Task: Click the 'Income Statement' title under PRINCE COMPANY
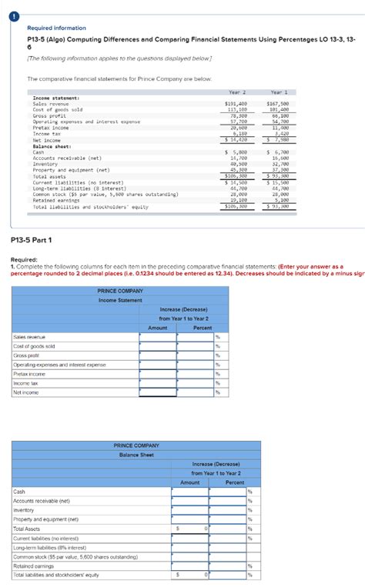(x=119, y=322)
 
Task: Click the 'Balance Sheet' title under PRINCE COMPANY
(x=136, y=455)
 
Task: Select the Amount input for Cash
(x=189, y=492)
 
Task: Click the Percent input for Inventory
(x=227, y=510)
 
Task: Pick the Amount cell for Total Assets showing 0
(x=189, y=529)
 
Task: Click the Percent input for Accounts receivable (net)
(x=227, y=501)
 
